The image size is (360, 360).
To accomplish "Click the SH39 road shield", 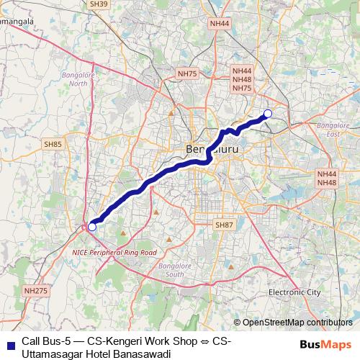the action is [x=99, y=4].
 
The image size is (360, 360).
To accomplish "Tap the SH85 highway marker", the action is [x=53, y=144].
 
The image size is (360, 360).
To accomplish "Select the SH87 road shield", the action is [x=225, y=225].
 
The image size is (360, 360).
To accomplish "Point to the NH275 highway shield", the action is [x=35, y=290].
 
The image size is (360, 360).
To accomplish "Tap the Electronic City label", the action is [x=294, y=292].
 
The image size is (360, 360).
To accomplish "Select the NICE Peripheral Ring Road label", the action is [x=114, y=253].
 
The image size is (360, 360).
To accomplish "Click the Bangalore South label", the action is [x=171, y=270].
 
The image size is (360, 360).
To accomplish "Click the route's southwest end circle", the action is [x=91, y=227].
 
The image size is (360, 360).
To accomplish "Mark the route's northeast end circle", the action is [x=268, y=113].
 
